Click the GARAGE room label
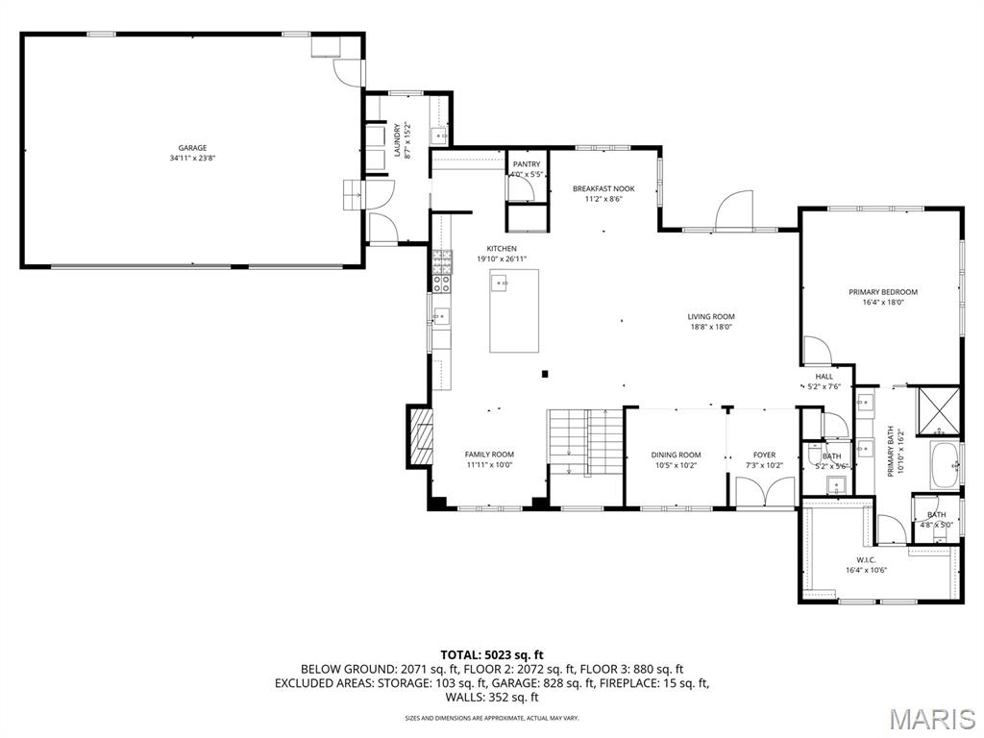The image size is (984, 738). coord(192,148)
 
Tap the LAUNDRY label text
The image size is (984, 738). coord(398,139)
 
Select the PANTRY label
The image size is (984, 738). coord(527,164)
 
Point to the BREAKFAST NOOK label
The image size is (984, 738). coord(604,188)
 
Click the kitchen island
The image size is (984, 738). coord(514,310)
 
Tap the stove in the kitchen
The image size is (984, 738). coord(442,272)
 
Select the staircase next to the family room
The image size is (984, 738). coord(584,441)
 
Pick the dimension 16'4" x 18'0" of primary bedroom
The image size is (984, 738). coord(882,302)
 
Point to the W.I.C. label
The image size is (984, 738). coord(866,559)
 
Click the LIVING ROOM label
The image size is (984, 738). coord(711,316)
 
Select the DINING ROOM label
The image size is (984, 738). coord(676,455)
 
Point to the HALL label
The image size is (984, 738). coord(824,376)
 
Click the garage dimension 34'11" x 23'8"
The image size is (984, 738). coord(192,158)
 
